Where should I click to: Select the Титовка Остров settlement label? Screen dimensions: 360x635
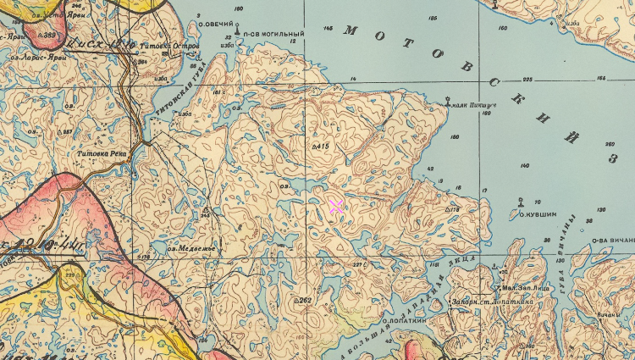(x=175, y=45)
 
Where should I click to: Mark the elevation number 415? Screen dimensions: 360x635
(x=323, y=147)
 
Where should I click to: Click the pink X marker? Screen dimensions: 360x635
(x=335, y=206)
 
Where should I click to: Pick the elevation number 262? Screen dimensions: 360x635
(x=306, y=300)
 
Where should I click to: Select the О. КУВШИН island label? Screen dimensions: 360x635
(x=537, y=215)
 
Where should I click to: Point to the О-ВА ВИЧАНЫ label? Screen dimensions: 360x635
(x=613, y=240)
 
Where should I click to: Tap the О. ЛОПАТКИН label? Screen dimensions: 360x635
(x=408, y=321)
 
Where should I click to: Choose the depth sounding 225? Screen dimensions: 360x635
(x=527, y=80)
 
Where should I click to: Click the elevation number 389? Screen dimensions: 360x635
(x=48, y=36)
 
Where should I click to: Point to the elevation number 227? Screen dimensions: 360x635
(x=357, y=265)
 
